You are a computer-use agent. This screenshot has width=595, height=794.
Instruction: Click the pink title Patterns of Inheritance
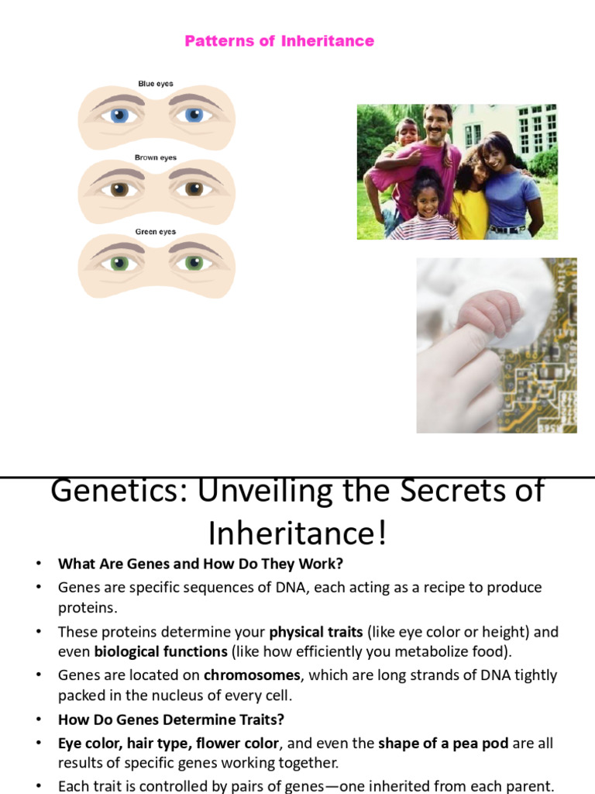pyautogui.click(x=279, y=41)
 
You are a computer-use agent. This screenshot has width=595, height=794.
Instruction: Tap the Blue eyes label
pyautogui.click(x=156, y=84)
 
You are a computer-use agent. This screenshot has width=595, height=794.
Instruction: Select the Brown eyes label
pyautogui.click(x=156, y=157)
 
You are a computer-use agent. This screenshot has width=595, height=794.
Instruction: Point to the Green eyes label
pyautogui.click(x=156, y=232)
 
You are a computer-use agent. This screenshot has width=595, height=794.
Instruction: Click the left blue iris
pyautogui.click(x=119, y=116)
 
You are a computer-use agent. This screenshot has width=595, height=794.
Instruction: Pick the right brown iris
pyautogui.click(x=193, y=189)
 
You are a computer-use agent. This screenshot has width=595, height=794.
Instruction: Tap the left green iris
pyautogui.click(x=119, y=263)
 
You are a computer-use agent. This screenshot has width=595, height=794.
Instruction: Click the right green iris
pyautogui.click(x=193, y=263)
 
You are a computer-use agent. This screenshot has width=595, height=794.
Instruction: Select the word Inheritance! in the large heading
pyautogui.click(x=297, y=533)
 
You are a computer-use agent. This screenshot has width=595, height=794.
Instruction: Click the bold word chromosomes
pyautogui.click(x=252, y=675)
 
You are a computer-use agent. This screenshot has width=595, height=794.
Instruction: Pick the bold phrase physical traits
pyautogui.click(x=316, y=632)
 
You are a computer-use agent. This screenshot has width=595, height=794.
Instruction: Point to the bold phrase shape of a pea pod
pyautogui.click(x=443, y=743)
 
